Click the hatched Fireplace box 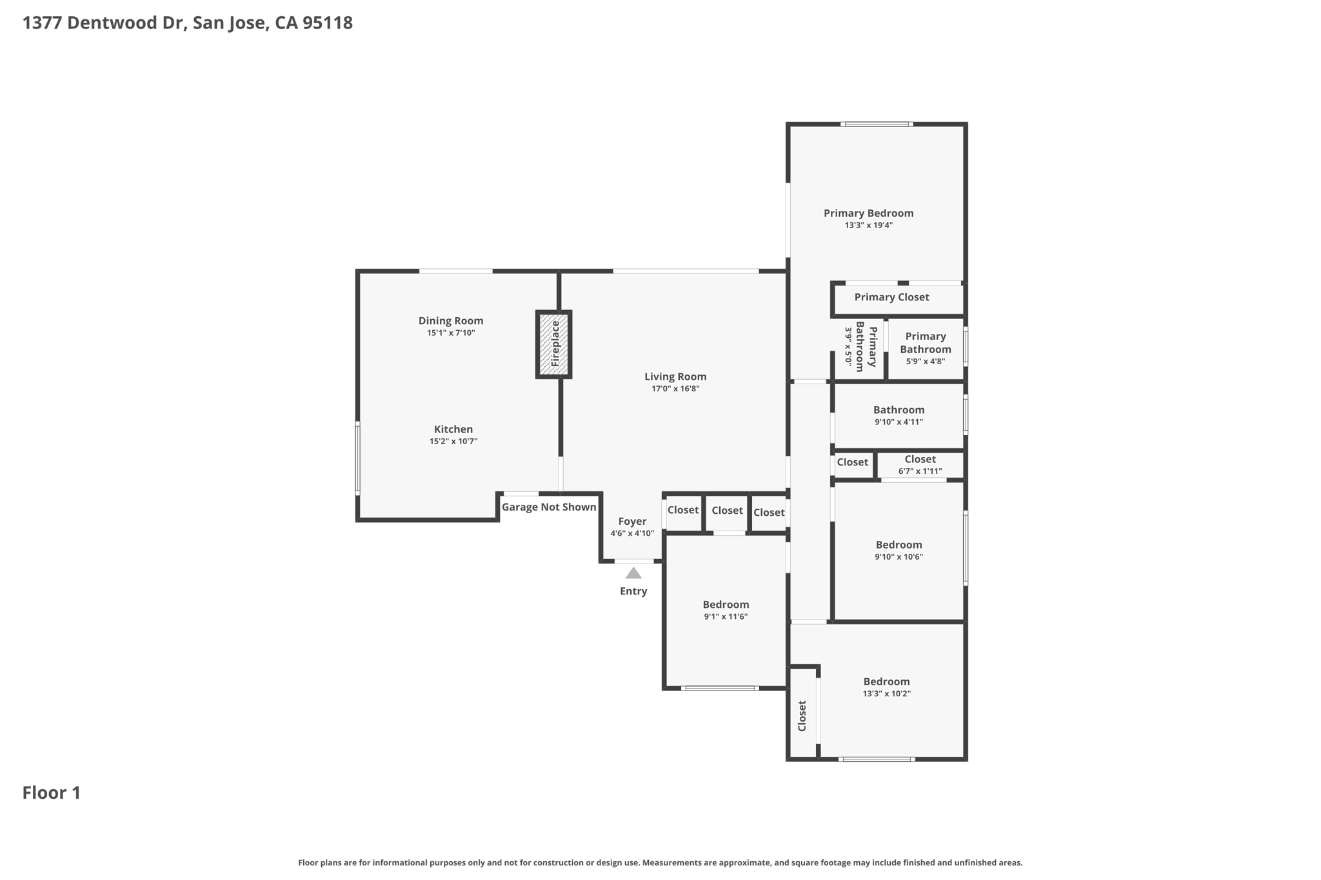553,344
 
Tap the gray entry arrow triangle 633,573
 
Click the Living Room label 675,376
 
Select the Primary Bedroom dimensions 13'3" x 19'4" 868,226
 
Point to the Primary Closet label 891,297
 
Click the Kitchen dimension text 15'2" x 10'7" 453,442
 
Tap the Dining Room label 450,321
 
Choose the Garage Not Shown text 548,507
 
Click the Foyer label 632,522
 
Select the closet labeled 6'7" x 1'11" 920,465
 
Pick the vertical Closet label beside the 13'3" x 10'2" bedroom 802,716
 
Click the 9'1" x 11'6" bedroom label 726,605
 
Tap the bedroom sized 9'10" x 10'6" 899,545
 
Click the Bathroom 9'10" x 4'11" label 899,410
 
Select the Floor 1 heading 52,793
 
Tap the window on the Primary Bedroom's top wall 876,124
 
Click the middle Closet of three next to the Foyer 727,511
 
